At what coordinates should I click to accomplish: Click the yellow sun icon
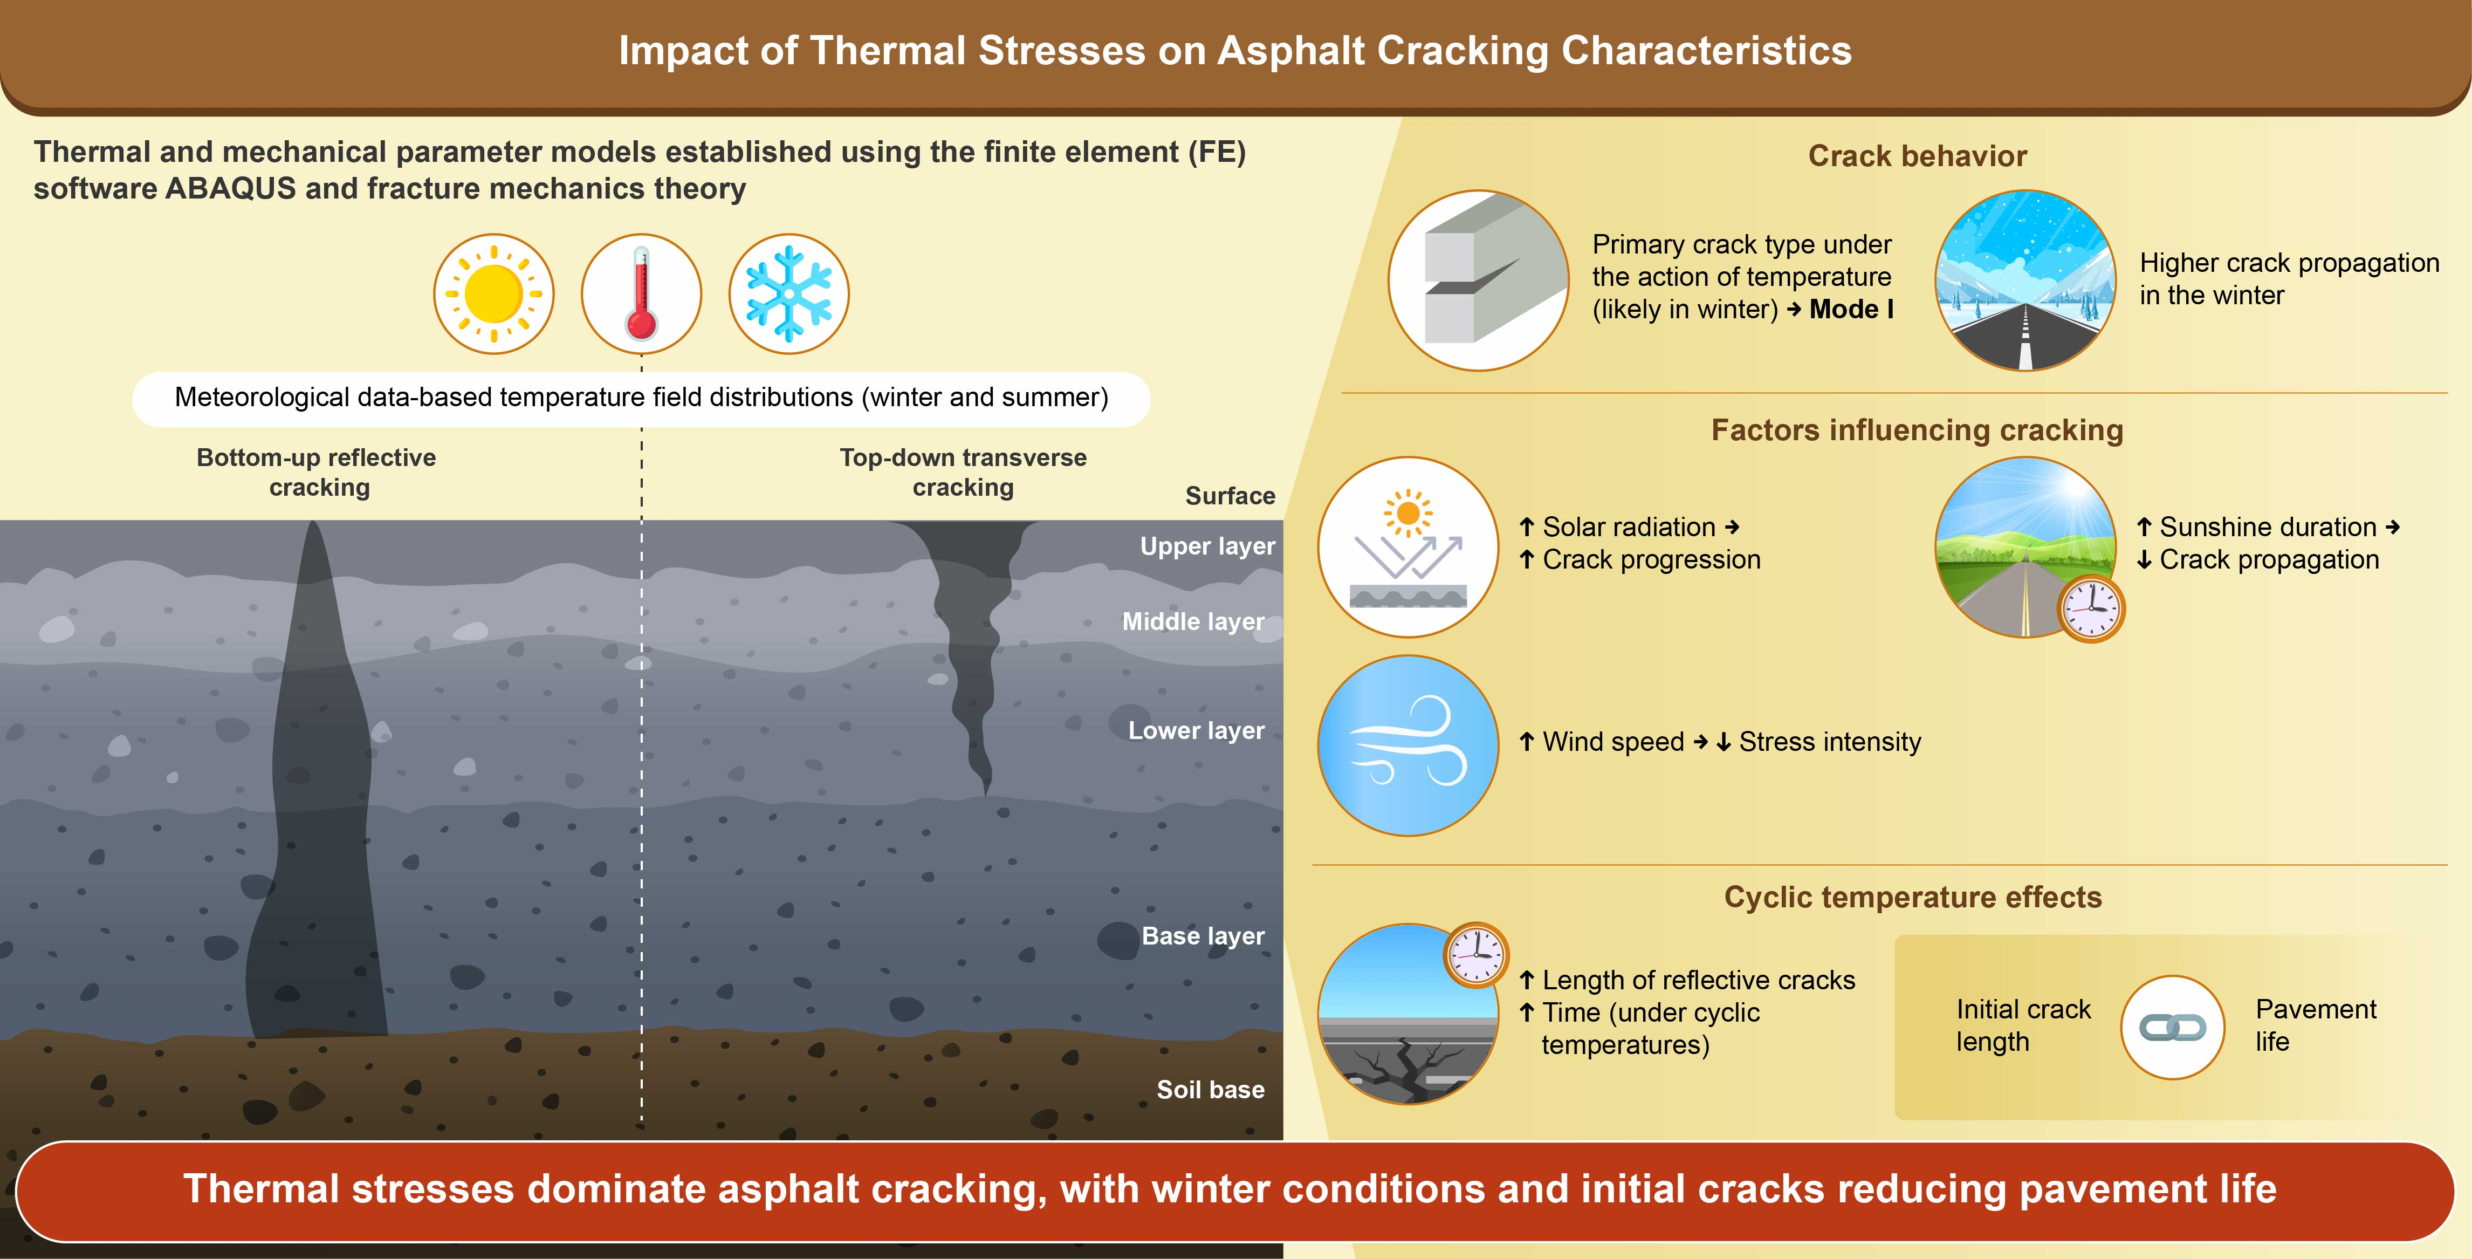coord(493,293)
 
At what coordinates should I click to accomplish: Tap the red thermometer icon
coord(641,293)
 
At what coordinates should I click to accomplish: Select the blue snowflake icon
coord(789,293)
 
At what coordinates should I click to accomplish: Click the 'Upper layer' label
coord(1207,547)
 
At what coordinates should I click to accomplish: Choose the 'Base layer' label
coord(1203,936)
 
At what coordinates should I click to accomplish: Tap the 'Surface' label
coord(1230,496)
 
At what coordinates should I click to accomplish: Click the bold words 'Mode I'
coord(1851,309)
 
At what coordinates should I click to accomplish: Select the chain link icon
coord(2173,1028)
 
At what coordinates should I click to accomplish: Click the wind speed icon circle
coord(1408,745)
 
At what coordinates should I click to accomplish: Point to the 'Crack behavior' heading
coord(1917,155)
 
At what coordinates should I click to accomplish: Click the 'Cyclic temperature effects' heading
coord(1913,897)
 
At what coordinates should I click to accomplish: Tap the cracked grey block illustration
coord(1478,280)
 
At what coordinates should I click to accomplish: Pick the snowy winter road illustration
coord(2025,280)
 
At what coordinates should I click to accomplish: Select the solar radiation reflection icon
coord(1408,547)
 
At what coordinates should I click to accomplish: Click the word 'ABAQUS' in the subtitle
coord(230,189)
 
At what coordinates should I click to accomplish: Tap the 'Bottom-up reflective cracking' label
coord(317,472)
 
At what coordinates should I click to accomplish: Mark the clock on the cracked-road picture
coord(1476,956)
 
